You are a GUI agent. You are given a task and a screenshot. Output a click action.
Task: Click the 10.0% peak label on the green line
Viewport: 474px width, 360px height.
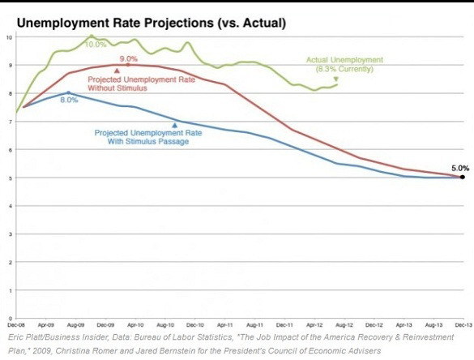pyautogui.click(x=96, y=44)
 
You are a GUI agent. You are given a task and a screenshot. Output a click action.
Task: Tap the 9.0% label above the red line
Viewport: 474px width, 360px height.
pyautogui.click(x=129, y=59)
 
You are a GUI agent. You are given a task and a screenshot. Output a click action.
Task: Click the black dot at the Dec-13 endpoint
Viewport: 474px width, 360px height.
pyautogui.click(x=462, y=177)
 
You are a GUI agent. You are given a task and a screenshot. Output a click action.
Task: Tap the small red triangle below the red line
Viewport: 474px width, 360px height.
pyautogui.click(x=117, y=71)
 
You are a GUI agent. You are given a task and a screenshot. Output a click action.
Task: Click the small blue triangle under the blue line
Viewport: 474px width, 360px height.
pyautogui.click(x=174, y=125)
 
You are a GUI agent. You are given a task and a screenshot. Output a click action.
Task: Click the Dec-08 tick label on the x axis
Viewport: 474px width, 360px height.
pyautogui.click(x=15, y=323)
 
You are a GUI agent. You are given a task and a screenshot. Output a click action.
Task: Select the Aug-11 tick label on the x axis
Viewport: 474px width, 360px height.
pyautogui.click(x=254, y=323)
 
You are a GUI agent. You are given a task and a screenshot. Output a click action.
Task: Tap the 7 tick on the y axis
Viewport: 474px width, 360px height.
pyautogui.click(x=8, y=122)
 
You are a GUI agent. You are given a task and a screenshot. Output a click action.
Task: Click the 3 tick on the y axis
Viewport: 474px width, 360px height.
pyautogui.click(x=8, y=234)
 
